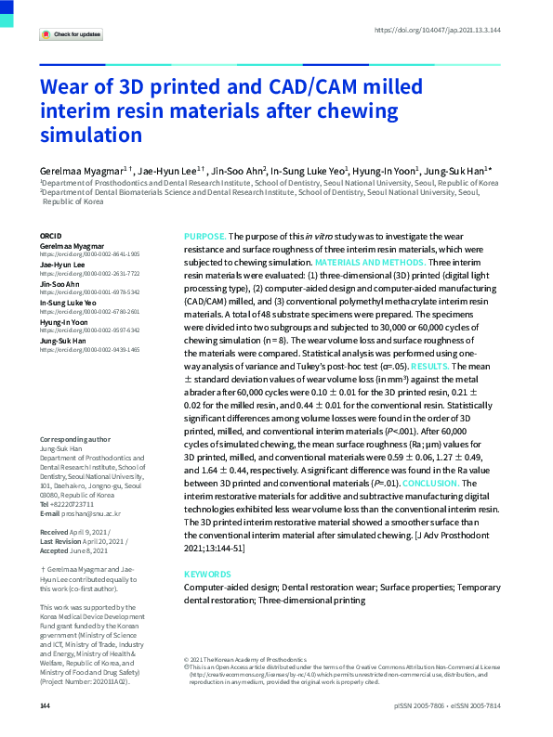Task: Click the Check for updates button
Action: pos(71,34)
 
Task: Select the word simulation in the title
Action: pos(90,134)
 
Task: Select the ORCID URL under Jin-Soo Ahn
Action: pos(89,291)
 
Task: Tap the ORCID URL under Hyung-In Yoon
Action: pos(89,330)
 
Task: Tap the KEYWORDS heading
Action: pos(209,575)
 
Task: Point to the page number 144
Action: pos(45,707)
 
